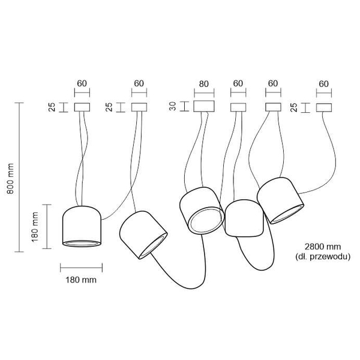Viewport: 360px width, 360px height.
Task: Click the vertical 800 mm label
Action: tap(10, 179)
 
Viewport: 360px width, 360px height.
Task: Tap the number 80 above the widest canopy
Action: tap(203, 84)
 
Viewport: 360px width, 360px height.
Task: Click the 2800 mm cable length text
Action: tap(323, 247)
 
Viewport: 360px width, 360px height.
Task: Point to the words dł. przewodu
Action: tap(323, 256)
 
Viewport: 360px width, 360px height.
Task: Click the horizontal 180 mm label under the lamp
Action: tap(81, 280)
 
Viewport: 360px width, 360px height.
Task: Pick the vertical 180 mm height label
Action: tap(35, 227)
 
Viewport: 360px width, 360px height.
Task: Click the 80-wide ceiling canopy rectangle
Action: tap(204, 106)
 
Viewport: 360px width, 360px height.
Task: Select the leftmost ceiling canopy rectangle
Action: tap(82, 107)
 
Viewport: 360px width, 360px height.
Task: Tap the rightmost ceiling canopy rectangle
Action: tap(324, 107)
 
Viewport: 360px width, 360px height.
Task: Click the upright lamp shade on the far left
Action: tap(82, 226)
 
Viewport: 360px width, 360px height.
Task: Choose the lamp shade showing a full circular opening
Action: tap(202, 211)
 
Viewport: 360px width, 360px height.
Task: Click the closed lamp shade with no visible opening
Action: tap(244, 218)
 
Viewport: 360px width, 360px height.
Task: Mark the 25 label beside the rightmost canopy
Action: tap(293, 107)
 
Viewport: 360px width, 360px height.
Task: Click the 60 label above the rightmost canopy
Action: tap(324, 84)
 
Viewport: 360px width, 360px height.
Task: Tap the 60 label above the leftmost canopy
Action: tap(82, 83)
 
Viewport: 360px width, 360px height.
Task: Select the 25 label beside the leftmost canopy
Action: tap(52, 107)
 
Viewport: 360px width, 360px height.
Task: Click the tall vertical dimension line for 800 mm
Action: tap(19, 177)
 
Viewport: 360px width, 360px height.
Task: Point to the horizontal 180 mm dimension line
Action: tap(81, 268)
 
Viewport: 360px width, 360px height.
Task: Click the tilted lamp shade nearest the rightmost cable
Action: tap(281, 200)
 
